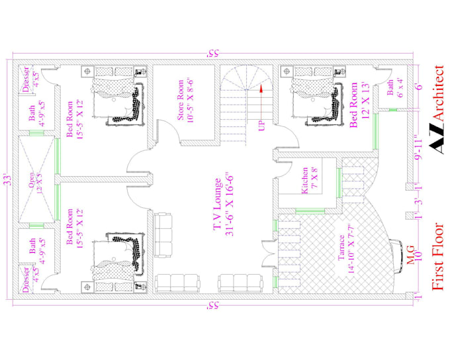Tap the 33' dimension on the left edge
point(6,179)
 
